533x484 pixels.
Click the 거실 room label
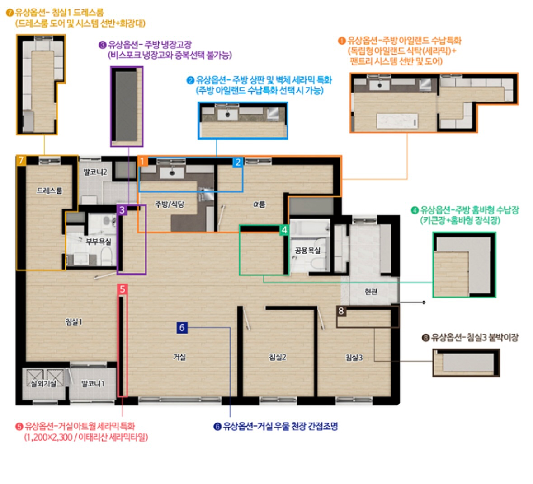pos(179,357)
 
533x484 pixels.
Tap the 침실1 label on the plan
pos(74,321)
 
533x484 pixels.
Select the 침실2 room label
pos(278,357)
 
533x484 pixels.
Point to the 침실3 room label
pos(354,358)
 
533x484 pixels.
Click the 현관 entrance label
pos(371,291)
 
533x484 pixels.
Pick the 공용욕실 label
pos(307,251)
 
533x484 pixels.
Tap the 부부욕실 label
pos(98,241)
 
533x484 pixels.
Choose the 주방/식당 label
pos(169,204)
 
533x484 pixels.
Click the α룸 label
pos(259,204)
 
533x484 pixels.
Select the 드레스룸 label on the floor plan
pos(50,191)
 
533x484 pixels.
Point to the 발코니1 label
pos(93,383)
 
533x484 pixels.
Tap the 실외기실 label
pos(43,383)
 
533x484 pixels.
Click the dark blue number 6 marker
pos(182,327)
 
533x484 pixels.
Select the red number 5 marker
pos(123,289)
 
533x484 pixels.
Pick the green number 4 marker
pos(284,230)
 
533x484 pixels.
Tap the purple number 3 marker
pos(122,210)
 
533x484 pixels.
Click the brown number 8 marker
pos(341,311)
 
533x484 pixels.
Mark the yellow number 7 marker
pos(21,160)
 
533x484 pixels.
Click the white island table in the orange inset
pos(397,121)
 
